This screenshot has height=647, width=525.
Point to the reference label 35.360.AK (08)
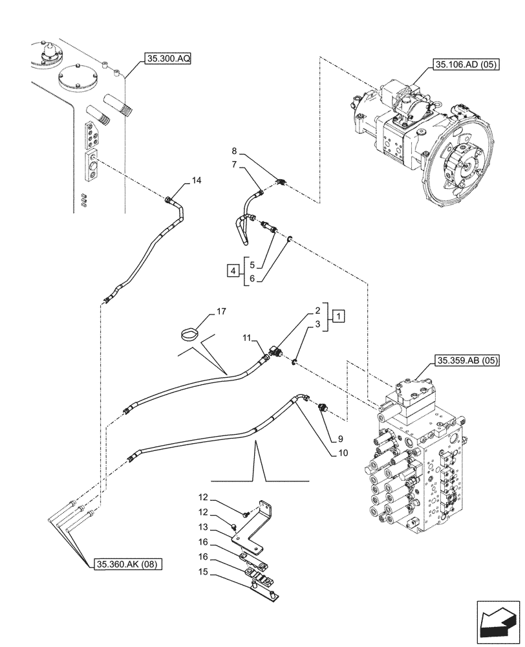[x=127, y=564]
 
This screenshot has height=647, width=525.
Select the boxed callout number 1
[x=339, y=316]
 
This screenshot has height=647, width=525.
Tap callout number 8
[x=234, y=153]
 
